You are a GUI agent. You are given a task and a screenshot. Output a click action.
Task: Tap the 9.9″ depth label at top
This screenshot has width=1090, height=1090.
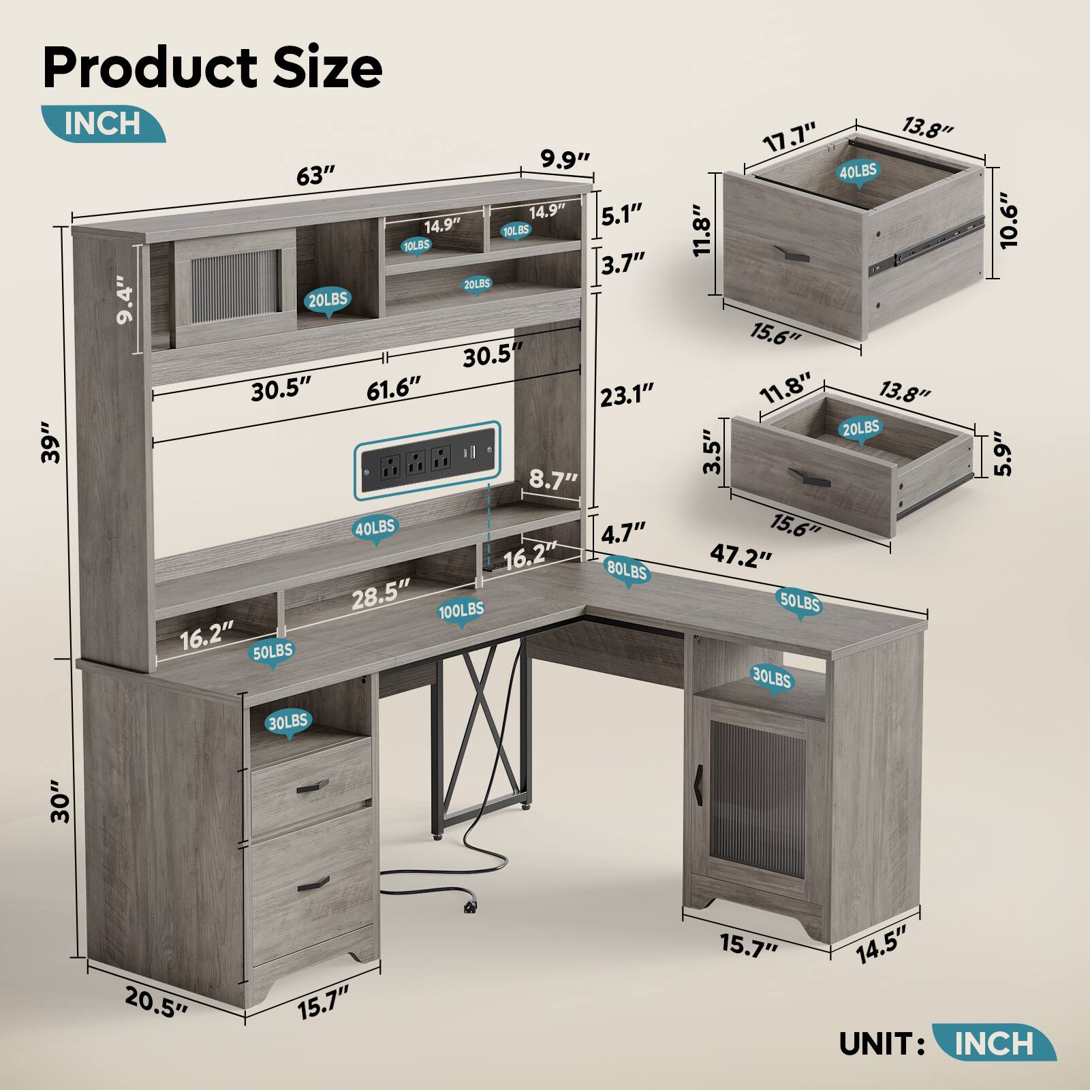[x=565, y=161]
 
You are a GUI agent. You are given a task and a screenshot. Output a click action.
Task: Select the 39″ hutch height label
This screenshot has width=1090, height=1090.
[x=50, y=443]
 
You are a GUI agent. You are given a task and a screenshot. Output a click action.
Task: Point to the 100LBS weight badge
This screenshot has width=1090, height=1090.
[x=461, y=610]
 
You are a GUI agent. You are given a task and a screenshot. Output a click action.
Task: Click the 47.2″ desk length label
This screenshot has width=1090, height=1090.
[x=741, y=555]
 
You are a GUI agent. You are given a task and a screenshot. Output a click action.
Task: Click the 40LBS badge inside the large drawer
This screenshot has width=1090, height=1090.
[x=858, y=172]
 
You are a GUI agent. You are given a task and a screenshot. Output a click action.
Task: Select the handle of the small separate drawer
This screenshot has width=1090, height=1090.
[x=809, y=476]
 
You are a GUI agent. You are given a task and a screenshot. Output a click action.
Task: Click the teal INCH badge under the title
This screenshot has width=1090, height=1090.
[x=102, y=123]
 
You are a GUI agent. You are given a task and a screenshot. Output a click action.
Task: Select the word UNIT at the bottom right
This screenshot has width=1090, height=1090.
[x=876, y=1043]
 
